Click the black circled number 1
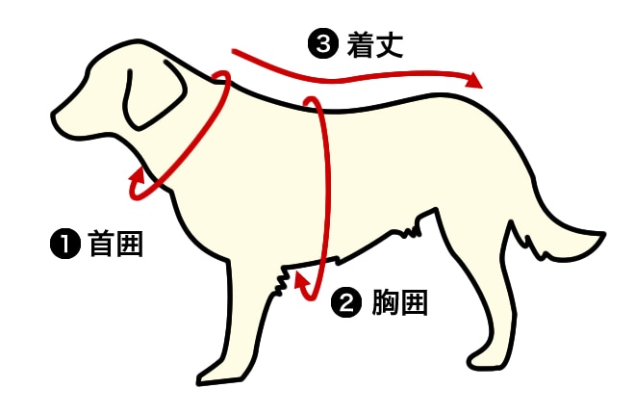point(65,244)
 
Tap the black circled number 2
point(346,302)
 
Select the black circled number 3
point(322,44)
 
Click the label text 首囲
point(115,244)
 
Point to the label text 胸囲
point(399,302)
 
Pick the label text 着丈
point(374,44)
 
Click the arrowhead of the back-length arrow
point(473,79)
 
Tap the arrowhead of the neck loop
point(138,177)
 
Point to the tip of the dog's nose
point(54,116)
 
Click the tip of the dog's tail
point(603,234)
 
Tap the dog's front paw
point(218,374)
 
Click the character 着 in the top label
point(361,44)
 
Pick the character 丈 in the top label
point(390,44)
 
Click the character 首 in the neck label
point(101,244)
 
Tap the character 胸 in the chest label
point(385,302)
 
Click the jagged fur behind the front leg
point(281,282)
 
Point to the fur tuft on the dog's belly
point(411,232)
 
